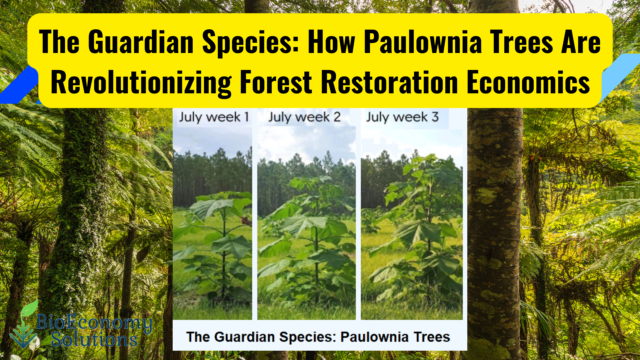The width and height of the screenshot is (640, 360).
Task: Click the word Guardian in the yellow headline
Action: pos(141,42)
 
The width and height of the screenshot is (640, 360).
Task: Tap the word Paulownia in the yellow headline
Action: pos(423,42)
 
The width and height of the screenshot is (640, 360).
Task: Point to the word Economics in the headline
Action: pos(528,82)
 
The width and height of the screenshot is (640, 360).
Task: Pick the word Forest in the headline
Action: pos(276,82)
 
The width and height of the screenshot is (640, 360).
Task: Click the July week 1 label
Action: pos(214,117)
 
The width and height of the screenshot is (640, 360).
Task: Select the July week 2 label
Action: pos(305,117)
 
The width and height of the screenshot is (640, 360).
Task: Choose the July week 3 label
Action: pos(402,117)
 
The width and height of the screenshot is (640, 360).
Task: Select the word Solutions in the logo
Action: pos(94,339)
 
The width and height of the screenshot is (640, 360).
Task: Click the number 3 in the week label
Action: pos(435,117)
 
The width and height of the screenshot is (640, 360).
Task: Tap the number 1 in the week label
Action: pos(247,117)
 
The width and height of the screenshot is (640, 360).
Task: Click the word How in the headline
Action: pos(331,42)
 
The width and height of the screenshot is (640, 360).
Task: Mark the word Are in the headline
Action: pos(581,42)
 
